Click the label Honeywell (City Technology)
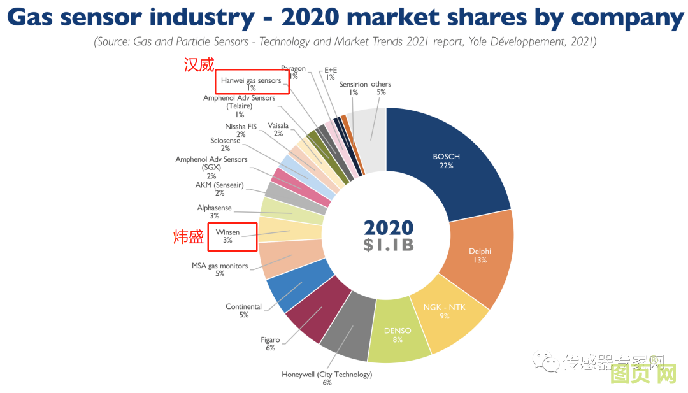click(x=327, y=375)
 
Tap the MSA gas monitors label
click(x=220, y=266)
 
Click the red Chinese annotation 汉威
click(x=198, y=65)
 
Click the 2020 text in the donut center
click(x=388, y=228)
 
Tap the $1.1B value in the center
click(x=388, y=245)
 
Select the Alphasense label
click(x=215, y=208)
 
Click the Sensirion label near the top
click(x=353, y=84)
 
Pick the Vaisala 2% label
click(x=278, y=125)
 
